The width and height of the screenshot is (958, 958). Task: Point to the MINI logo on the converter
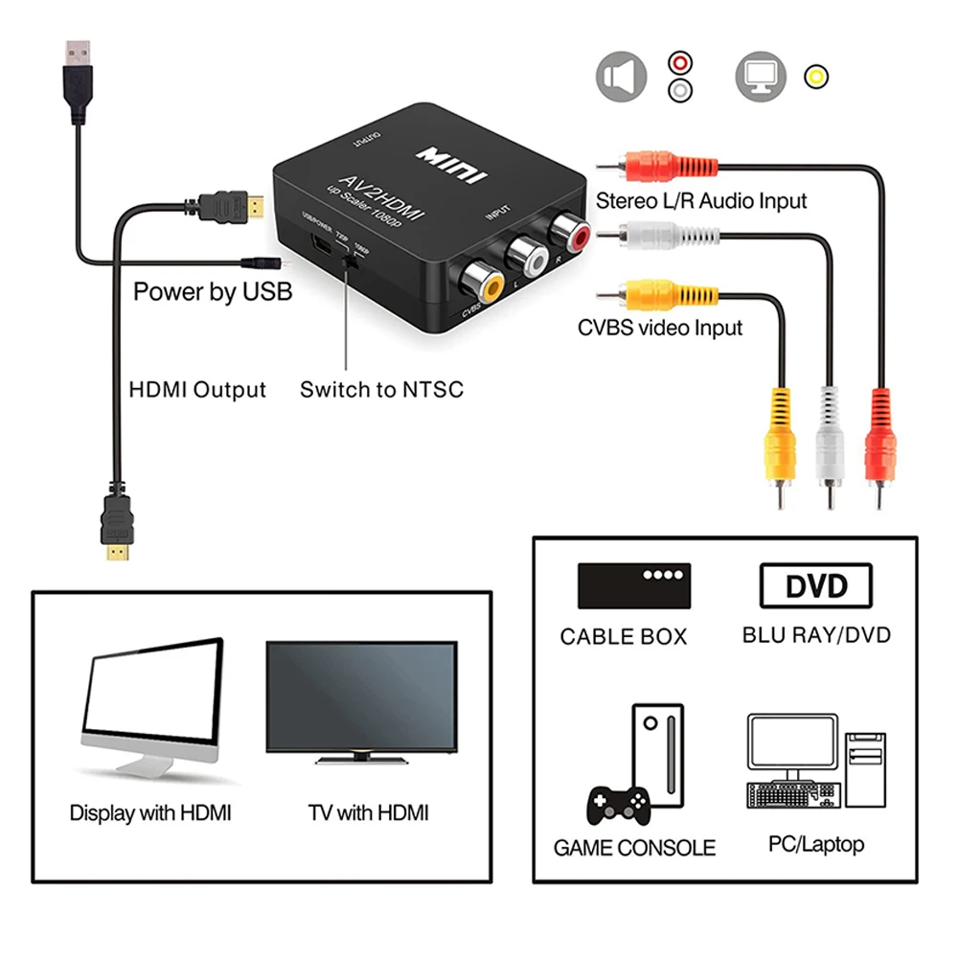click(x=451, y=165)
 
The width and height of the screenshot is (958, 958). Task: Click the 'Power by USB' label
click(x=212, y=291)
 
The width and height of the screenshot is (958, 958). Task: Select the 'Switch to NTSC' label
click(x=381, y=390)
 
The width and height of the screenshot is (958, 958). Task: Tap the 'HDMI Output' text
click(x=197, y=390)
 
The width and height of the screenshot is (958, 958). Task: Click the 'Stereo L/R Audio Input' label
click(x=701, y=201)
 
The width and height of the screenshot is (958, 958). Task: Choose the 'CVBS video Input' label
click(x=660, y=328)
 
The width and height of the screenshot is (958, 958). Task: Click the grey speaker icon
click(x=622, y=77)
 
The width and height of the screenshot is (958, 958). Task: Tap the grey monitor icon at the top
click(x=761, y=77)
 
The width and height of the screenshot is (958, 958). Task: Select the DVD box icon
click(x=816, y=585)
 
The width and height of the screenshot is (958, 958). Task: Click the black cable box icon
click(x=633, y=585)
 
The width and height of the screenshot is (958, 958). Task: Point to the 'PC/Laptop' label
click(x=815, y=844)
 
